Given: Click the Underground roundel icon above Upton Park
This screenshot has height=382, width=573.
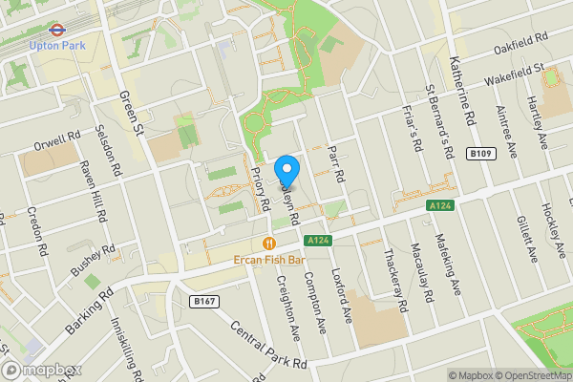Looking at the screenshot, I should pyautogui.click(x=56, y=29).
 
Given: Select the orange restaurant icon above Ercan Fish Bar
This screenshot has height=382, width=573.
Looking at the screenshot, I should pyautogui.click(x=270, y=243).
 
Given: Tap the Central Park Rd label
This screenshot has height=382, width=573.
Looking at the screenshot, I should pyautogui.click(x=266, y=342).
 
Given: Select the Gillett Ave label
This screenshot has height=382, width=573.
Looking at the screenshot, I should pyautogui.click(x=526, y=242).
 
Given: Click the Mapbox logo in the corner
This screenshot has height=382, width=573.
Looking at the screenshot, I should pyautogui.click(x=40, y=371).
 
